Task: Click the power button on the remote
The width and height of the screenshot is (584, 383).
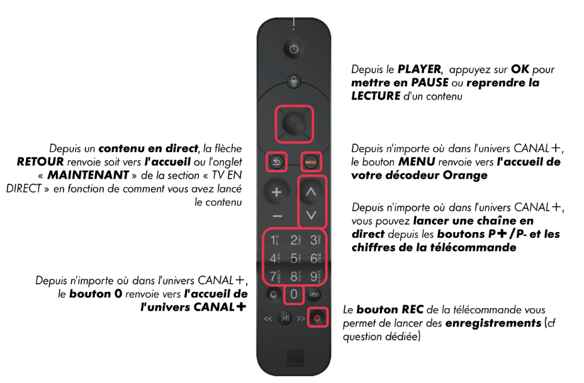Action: point(293,49)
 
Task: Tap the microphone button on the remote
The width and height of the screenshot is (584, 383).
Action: point(293,80)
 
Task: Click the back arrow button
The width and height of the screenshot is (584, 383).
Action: point(276,162)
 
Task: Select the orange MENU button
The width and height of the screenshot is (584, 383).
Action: point(311,162)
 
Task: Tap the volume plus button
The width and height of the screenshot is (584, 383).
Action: point(276,192)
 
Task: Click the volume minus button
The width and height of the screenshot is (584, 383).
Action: point(277,216)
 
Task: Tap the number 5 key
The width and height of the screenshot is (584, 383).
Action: point(295,258)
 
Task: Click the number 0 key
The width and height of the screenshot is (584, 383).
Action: point(294,294)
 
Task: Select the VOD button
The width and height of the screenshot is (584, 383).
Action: point(313,295)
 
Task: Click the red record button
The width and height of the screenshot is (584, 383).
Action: point(317,318)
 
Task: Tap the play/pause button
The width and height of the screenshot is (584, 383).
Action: point(285,318)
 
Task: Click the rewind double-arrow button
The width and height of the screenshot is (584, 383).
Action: point(268,319)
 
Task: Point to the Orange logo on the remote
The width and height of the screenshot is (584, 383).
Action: point(295,358)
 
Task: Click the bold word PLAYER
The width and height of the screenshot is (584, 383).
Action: point(419,69)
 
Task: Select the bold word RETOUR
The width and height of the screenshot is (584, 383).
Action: point(40,162)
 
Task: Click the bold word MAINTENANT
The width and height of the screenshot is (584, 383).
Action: point(88,175)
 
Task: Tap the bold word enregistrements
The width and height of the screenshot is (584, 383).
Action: point(493,323)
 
